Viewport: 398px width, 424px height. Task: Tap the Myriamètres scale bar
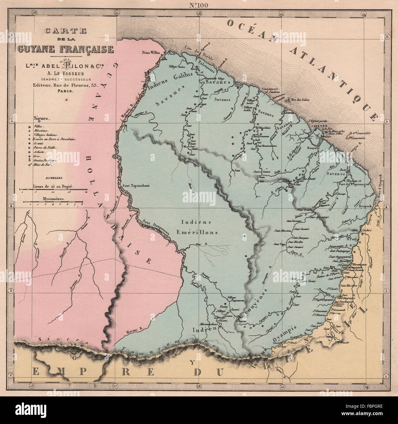tap(53, 202)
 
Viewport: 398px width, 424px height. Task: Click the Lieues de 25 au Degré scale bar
tap(53, 190)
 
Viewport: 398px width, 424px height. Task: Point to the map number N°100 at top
tap(199, 5)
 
